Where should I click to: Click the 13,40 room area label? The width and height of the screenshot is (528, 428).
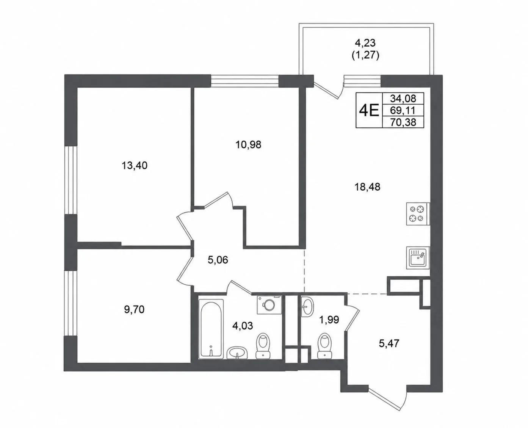(x=134, y=165)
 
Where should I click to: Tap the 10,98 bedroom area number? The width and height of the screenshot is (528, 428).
(x=248, y=144)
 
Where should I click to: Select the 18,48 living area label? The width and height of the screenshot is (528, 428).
(x=367, y=187)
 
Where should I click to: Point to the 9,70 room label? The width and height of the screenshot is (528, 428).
(x=134, y=309)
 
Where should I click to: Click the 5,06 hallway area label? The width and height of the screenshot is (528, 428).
(x=218, y=260)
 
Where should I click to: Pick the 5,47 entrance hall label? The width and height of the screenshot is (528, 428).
(x=389, y=343)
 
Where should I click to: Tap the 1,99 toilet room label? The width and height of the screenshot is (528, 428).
(x=329, y=320)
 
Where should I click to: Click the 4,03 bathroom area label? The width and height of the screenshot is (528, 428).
(x=243, y=326)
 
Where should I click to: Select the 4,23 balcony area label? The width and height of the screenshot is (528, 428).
(x=365, y=43)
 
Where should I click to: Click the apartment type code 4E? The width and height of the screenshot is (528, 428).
(x=369, y=110)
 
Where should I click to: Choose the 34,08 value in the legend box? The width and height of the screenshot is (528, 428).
(x=403, y=99)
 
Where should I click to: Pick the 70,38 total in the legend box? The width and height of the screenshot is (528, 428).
(x=403, y=122)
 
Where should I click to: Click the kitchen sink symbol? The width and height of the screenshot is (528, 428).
(x=418, y=258)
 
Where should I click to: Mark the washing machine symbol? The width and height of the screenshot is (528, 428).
(x=269, y=304)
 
